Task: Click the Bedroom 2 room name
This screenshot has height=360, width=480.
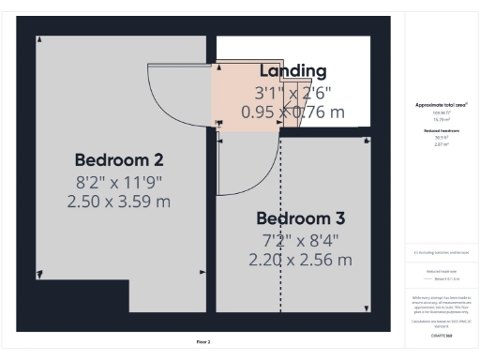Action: (x=119, y=157)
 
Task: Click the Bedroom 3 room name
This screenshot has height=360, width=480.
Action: (x=301, y=218)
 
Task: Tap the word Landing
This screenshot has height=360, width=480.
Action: (x=292, y=71)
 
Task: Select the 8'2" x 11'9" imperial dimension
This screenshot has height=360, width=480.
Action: (x=119, y=180)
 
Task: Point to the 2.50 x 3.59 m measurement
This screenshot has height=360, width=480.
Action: (x=119, y=201)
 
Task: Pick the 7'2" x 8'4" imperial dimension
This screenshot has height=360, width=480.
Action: (x=301, y=240)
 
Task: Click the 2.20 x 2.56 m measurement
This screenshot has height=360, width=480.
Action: (x=301, y=260)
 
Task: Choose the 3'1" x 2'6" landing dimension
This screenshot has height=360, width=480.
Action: (x=292, y=93)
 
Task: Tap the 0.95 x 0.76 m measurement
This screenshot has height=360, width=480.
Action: (x=292, y=112)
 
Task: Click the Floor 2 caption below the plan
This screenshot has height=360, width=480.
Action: (x=203, y=341)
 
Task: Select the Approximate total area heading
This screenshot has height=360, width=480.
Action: (x=441, y=105)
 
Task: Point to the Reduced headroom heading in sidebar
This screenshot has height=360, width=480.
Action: (x=441, y=131)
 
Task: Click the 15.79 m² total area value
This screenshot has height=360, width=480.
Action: (x=441, y=119)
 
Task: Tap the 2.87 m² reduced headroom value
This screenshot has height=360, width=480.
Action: (x=441, y=145)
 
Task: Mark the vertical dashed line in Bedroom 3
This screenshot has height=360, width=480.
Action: (x=281, y=234)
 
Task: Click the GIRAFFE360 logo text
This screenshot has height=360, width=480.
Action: (x=441, y=333)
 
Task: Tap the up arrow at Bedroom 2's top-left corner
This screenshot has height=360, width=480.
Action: (x=38, y=40)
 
